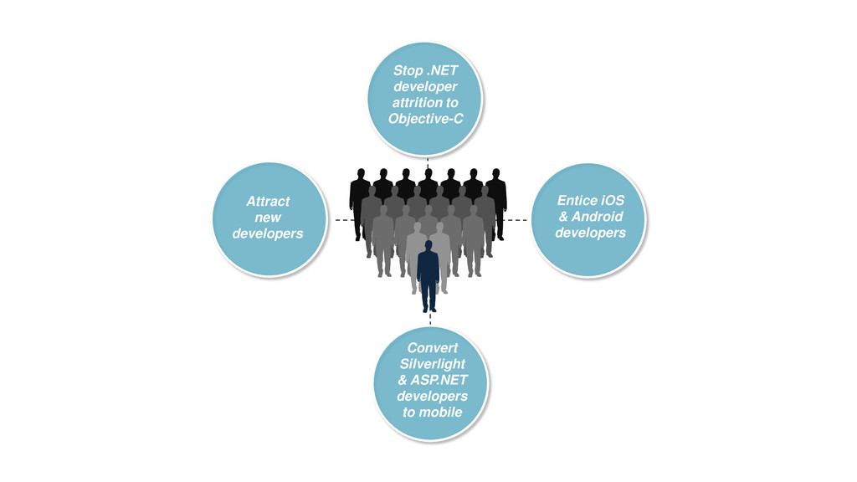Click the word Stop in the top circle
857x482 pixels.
click(408, 71)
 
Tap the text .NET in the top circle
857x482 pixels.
click(442, 71)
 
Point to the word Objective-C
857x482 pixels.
click(425, 119)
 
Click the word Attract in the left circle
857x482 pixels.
click(268, 202)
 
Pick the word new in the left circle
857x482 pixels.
click(268, 218)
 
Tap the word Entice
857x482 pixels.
click(577, 201)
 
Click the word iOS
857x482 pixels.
click(613, 201)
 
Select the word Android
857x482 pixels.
click(597, 217)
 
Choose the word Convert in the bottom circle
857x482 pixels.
click(432, 348)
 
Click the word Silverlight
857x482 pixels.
click(432, 364)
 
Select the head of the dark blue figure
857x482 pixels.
click(428, 245)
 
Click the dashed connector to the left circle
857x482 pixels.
click(341, 219)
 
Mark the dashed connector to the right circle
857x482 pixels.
click(517, 219)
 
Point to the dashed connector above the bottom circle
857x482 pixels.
click(429, 319)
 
